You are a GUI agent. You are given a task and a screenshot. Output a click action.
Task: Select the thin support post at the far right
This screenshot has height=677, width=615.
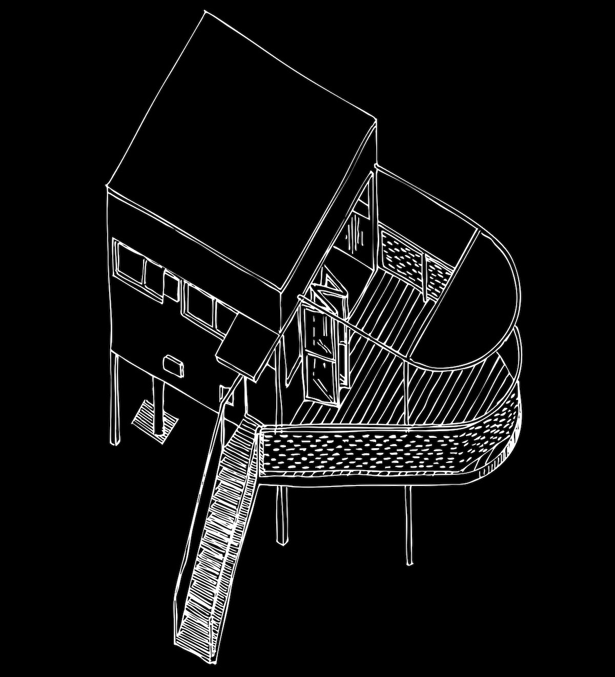point(408,525)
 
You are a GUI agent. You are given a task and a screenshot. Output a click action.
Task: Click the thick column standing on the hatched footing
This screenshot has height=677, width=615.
point(160,405)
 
